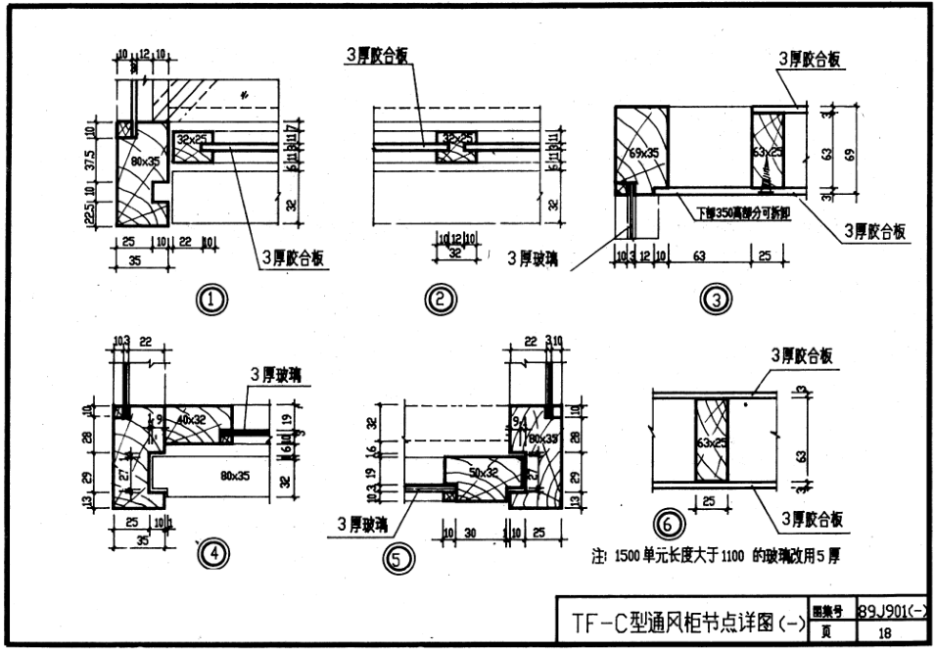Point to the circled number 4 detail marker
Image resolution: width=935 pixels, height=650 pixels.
(211, 555)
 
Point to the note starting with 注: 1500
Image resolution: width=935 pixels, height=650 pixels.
(715, 556)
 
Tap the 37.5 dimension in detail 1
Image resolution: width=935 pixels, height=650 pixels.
(90, 160)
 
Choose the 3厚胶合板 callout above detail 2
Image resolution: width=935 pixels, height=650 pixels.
(377, 56)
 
